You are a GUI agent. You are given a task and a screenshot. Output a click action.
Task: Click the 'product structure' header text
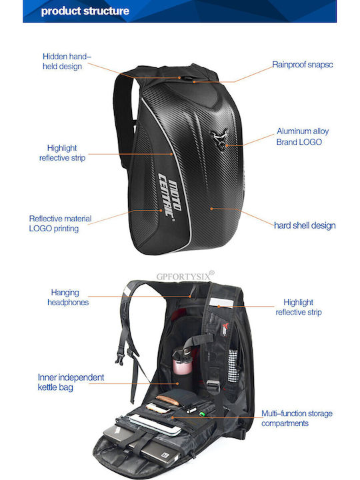[85, 11]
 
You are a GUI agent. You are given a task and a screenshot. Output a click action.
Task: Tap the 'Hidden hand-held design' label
[67, 61]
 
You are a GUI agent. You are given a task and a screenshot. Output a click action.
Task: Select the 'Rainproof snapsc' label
[303, 65]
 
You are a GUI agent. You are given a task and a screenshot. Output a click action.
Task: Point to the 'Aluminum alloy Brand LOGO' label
[303, 137]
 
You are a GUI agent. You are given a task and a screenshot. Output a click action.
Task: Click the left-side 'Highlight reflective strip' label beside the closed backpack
[62, 153]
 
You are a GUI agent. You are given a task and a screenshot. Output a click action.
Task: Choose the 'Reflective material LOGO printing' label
[60, 223]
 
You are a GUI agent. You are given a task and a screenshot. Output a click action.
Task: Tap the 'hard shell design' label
[305, 225]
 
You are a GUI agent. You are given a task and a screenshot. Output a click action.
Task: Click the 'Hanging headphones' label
[68, 297]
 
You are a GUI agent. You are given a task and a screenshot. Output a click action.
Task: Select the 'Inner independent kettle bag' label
[71, 382]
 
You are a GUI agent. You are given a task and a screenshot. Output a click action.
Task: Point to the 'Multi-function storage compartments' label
[297, 418]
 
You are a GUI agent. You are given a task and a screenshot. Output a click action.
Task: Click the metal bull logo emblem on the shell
[220, 139]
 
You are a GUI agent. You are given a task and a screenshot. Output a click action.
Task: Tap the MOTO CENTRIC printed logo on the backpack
[169, 195]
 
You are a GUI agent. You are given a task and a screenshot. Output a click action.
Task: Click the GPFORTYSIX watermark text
[185, 276]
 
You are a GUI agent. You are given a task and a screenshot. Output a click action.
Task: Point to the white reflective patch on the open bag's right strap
[221, 303]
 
